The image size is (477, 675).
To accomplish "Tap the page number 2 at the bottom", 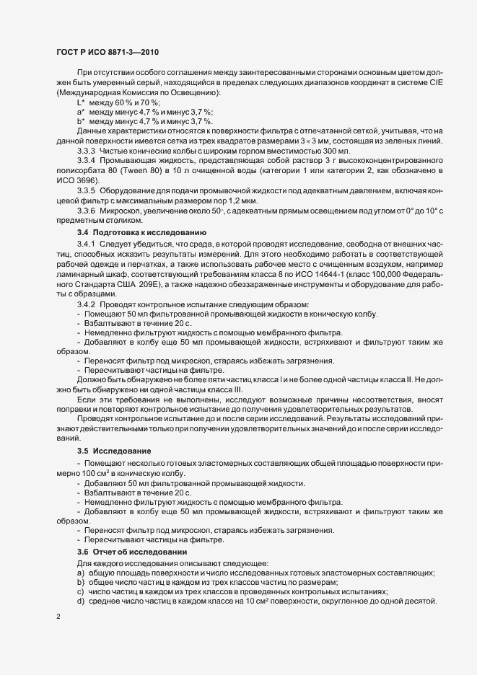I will pyautogui.click(x=58, y=617).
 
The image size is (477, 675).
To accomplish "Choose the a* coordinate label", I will pyautogui.click(x=81, y=113).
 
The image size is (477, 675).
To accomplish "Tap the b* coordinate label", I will pyautogui.click(x=81, y=122).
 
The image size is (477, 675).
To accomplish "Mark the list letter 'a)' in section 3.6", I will pyautogui.click(x=80, y=572).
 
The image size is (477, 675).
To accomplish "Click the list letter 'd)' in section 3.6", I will pyautogui.click(x=80, y=601).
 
